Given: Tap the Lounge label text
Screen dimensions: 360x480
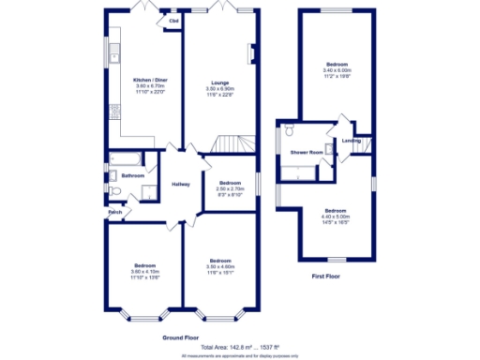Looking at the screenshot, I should pyautogui.click(x=219, y=83).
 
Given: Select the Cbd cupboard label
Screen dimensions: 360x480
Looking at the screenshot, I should pyautogui.click(x=174, y=21).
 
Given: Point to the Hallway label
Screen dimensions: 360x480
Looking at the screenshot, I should pyautogui.click(x=181, y=184).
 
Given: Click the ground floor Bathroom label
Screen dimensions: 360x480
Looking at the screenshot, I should pyautogui.click(x=132, y=175).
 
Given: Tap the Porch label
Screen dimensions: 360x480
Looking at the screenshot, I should pyautogui.click(x=115, y=212).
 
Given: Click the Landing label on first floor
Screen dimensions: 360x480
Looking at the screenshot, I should pyautogui.click(x=352, y=142).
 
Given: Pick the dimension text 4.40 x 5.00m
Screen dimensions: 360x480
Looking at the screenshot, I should pyautogui.click(x=336, y=217).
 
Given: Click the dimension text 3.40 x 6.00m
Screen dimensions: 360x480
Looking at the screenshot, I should pyautogui.click(x=336, y=70).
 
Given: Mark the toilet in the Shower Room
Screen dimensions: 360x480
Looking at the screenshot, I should pyautogui.click(x=289, y=129).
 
